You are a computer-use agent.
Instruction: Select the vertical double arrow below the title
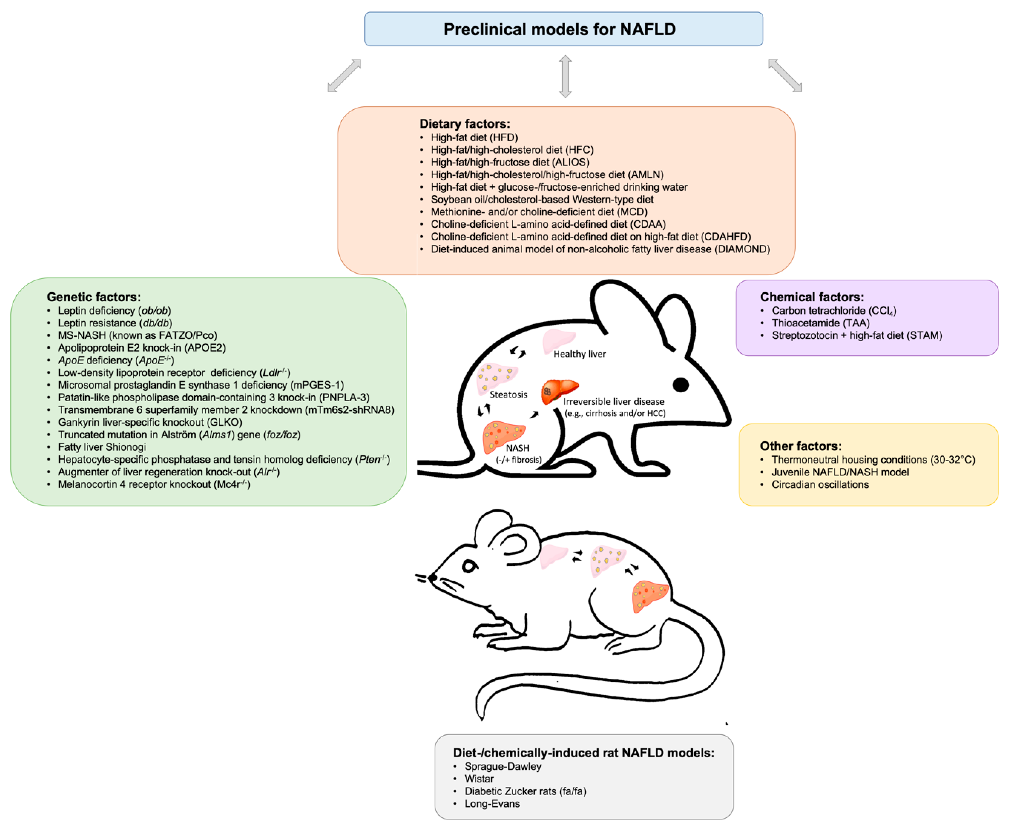(565, 77)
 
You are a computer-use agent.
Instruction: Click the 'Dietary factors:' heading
(464, 124)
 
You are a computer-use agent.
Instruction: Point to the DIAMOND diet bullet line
(600, 249)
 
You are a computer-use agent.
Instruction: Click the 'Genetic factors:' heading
(94, 297)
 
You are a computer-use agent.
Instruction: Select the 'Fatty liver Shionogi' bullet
(102, 447)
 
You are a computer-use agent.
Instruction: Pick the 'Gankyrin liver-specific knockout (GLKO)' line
(150, 422)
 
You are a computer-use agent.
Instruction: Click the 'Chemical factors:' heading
(812, 297)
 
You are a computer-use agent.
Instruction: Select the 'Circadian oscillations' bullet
(820, 484)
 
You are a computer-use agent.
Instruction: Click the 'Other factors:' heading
(801, 446)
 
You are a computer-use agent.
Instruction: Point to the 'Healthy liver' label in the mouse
(579, 354)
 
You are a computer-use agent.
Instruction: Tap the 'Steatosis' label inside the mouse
(508, 394)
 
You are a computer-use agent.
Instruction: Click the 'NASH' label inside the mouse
(517, 448)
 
